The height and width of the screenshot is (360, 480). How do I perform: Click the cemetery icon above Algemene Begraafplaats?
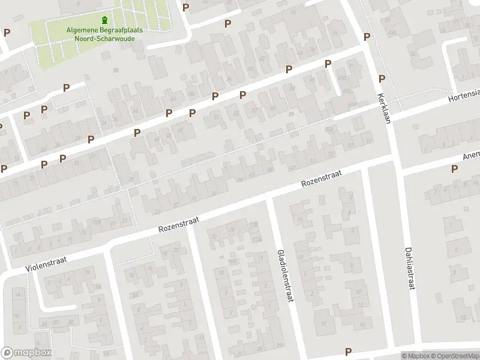[106, 20]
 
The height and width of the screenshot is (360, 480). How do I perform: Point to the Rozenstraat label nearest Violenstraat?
[179, 224]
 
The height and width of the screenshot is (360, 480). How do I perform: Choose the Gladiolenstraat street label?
[284, 275]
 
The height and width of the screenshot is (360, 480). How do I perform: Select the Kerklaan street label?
[384, 108]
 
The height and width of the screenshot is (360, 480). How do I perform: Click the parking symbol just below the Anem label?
[454, 169]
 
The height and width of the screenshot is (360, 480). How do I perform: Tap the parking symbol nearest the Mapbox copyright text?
[347, 351]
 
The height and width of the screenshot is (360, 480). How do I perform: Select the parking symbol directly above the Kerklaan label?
[382, 79]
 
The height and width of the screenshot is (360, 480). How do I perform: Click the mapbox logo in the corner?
[26, 353]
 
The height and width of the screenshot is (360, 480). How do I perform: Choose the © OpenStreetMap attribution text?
[453, 356]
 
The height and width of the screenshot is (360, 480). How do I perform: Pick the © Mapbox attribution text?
[413, 356]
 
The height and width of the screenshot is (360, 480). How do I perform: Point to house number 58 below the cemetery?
[116, 71]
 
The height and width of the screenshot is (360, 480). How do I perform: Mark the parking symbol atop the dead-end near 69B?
[328, 64]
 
